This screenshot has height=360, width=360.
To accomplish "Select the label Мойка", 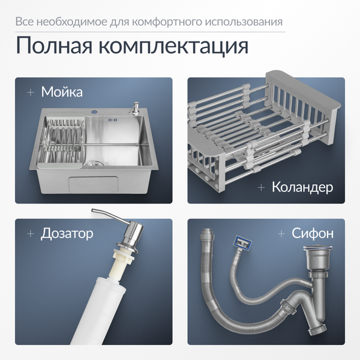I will point(62,92).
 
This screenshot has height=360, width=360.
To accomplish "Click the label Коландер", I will point(302,187).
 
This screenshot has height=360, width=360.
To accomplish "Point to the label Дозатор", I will point(67,233).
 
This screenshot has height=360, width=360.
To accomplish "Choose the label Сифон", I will point(312,233).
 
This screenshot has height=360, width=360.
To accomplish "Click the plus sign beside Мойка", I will point(29,92).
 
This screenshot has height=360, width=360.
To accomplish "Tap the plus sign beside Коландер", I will point(261,187).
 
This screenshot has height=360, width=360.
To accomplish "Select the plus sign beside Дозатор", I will point(29,233).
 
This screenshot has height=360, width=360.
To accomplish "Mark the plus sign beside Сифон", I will point(281,233).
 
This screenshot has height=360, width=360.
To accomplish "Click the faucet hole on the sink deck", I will point(94,112).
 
